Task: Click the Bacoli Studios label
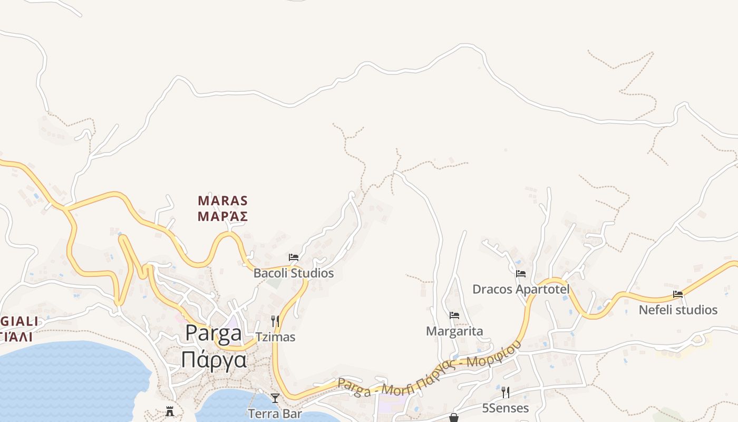pos(294,273)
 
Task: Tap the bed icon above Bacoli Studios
pos(294,257)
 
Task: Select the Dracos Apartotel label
pos(521,289)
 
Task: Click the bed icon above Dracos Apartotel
pos(521,274)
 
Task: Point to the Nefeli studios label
pos(678,310)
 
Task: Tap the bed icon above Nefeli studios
pos(678,294)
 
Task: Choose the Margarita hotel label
pos(454,331)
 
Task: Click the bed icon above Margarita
pos(454,315)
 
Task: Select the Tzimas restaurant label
pos(275,337)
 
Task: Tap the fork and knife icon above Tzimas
pos(275,321)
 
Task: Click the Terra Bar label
pos(275,413)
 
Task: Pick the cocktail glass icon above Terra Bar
pos(275,398)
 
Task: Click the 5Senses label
pos(505,408)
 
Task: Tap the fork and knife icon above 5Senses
pos(505,392)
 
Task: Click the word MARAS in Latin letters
pos(222,201)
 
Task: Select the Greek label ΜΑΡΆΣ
pos(222,216)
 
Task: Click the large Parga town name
pos(213,333)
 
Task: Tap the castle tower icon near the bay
pos(170,411)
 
